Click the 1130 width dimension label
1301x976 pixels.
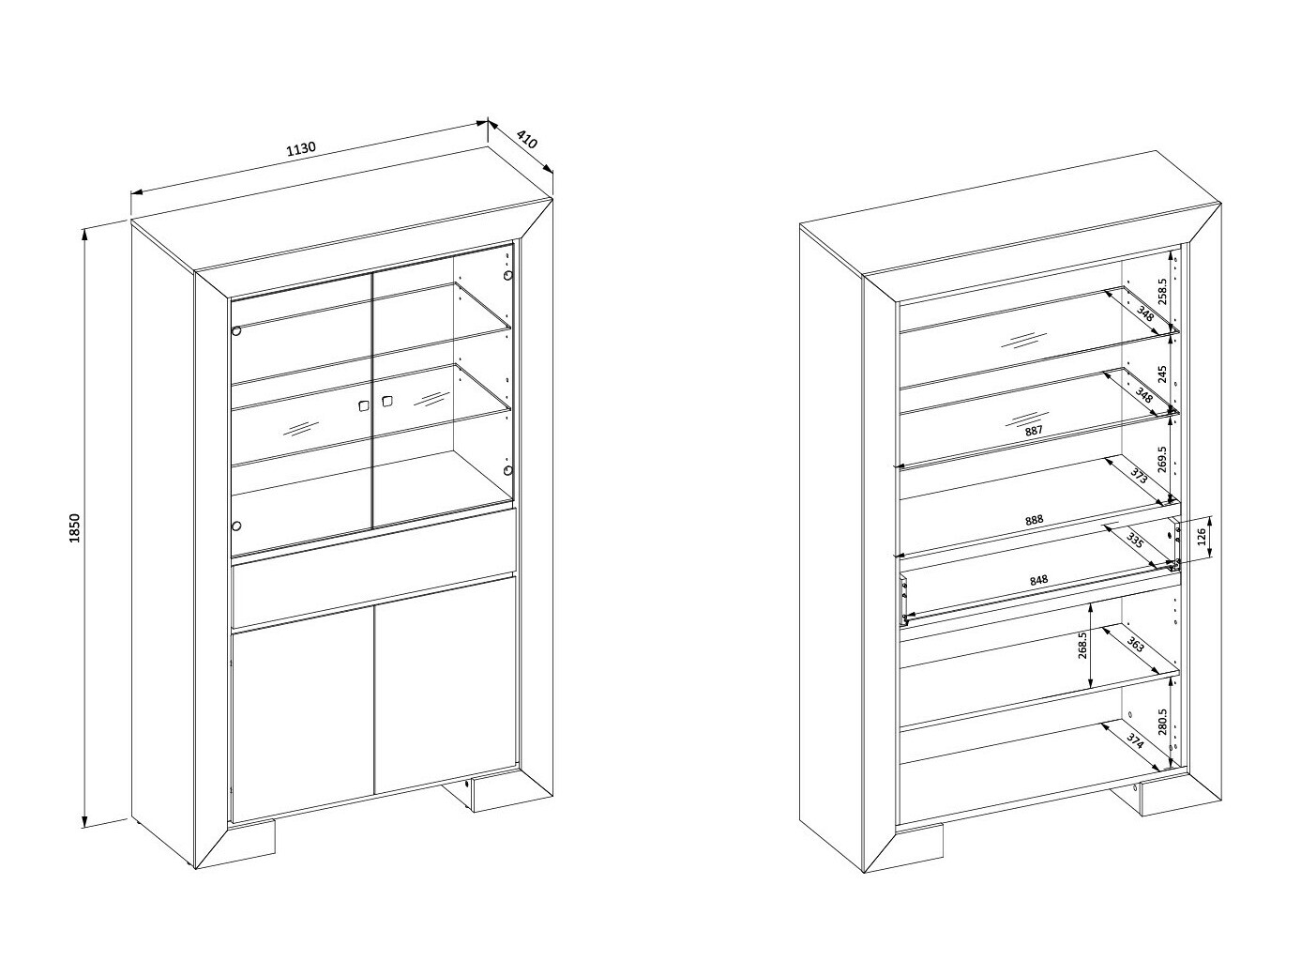[301, 148]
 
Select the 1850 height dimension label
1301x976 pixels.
[74, 527]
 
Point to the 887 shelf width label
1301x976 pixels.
[1033, 431]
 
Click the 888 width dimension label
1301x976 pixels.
[1034, 520]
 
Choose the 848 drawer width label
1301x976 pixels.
[1038, 580]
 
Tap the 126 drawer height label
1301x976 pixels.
[1202, 537]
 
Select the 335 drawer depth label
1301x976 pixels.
[1134, 541]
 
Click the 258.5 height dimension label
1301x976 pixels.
[1162, 291]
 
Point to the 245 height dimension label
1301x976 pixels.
[1162, 374]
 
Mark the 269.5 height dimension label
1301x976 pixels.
[1162, 459]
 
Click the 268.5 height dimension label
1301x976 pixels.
[1082, 645]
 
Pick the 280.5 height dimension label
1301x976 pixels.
[1162, 722]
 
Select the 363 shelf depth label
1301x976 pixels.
[1134, 644]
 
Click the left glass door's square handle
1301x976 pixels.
[363, 406]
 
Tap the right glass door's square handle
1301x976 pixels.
[387, 401]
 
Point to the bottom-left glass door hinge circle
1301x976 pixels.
[236, 526]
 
